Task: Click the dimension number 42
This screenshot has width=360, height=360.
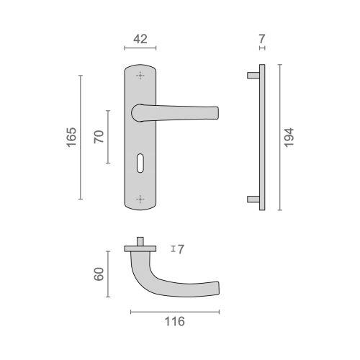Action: (x=140, y=40)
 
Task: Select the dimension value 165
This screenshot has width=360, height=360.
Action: (x=71, y=138)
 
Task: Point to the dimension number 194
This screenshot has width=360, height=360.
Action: (x=289, y=138)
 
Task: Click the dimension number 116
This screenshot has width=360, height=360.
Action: (x=174, y=321)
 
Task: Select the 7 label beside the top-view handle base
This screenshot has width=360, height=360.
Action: (x=181, y=249)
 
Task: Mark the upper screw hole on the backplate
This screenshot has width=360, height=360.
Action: (x=140, y=76)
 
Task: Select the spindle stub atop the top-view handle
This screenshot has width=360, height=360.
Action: (x=140, y=240)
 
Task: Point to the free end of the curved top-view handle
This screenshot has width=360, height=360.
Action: (x=215, y=286)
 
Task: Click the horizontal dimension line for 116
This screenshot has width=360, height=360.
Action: (x=174, y=312)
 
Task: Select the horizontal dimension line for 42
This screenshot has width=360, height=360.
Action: (x=140, y=49)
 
